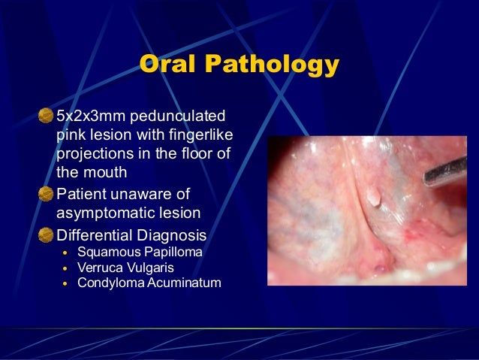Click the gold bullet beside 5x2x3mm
[x=46, y=116]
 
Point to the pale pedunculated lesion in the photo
[x=372, y=197]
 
